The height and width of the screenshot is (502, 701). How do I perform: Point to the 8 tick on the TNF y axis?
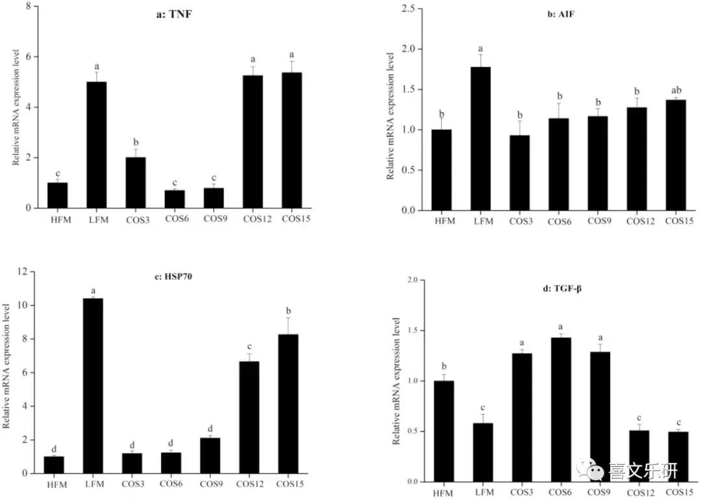click(x=28, y=6)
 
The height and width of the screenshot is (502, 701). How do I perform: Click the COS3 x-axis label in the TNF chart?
click(x=137, y=220)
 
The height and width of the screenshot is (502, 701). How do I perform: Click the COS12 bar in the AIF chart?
click(x=637, y=158)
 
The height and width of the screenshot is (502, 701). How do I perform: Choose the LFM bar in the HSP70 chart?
click(x=92, y=386)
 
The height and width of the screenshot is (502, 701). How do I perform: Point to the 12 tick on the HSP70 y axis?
click(x=24, y=271)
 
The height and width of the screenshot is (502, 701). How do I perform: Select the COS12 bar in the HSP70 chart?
click(x=249, y=417)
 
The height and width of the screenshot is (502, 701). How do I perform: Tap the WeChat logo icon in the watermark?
click(x=592, y=469)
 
